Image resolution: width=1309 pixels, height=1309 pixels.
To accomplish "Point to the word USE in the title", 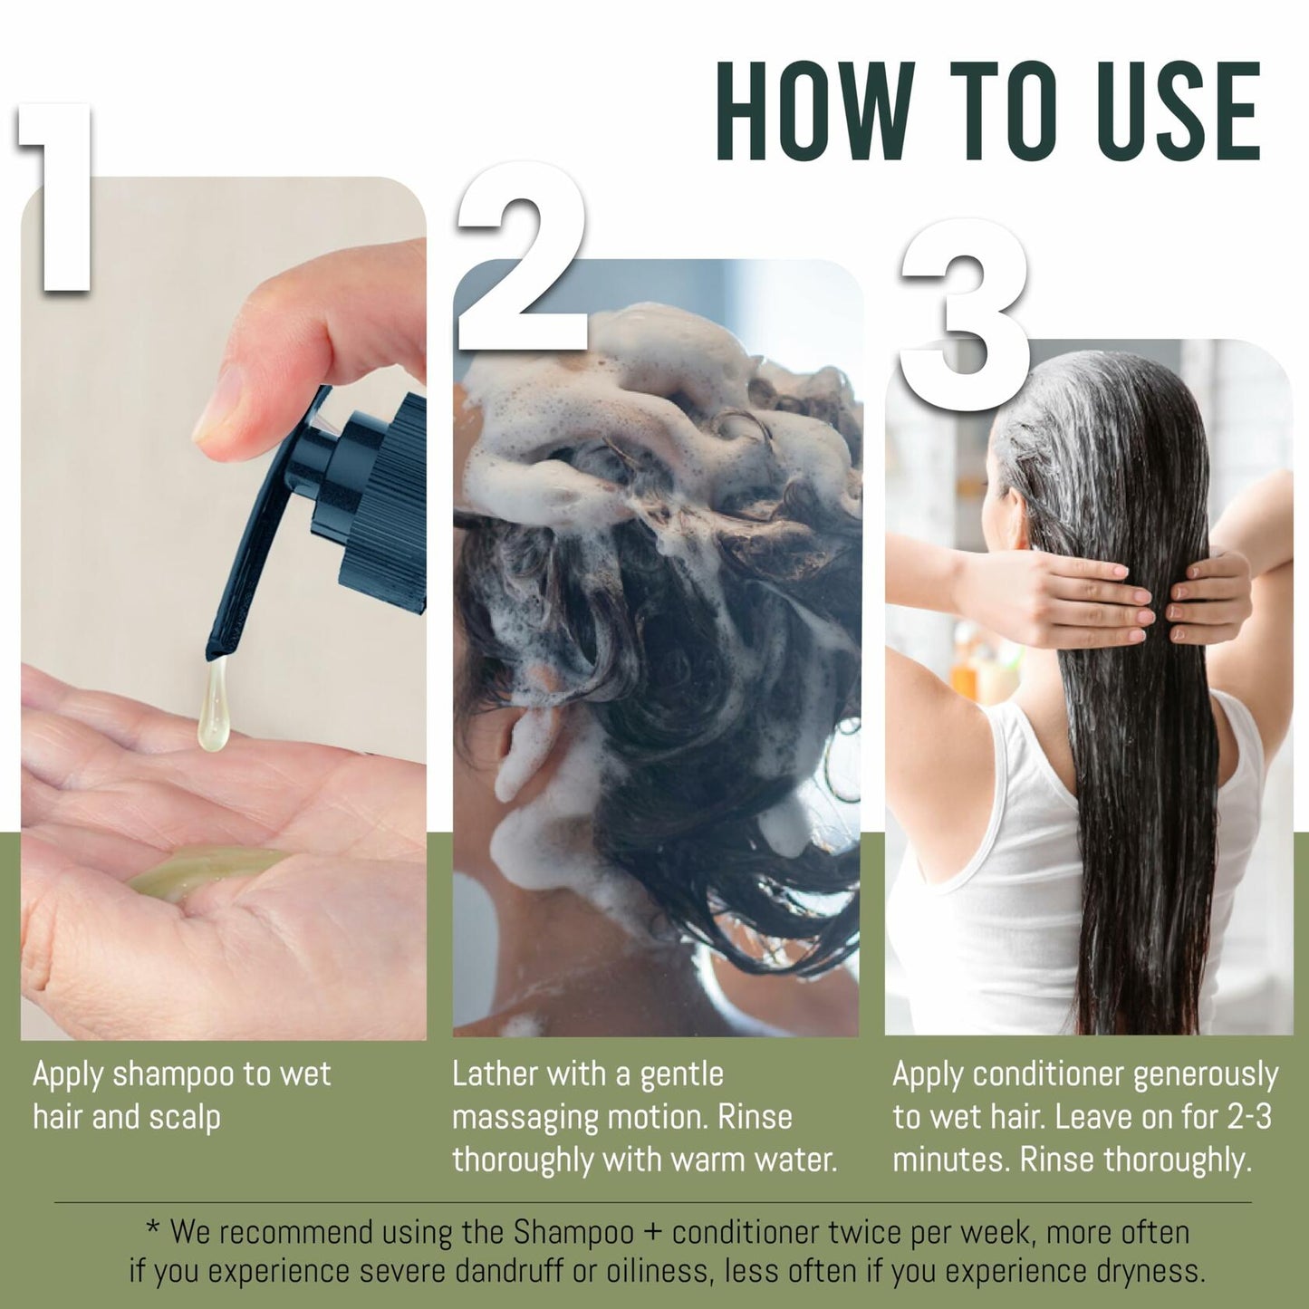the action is [1174, 111].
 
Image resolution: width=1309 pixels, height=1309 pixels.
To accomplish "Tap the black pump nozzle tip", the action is [217, 649].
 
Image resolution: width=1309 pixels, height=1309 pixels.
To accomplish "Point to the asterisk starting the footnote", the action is [153, 1227].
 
